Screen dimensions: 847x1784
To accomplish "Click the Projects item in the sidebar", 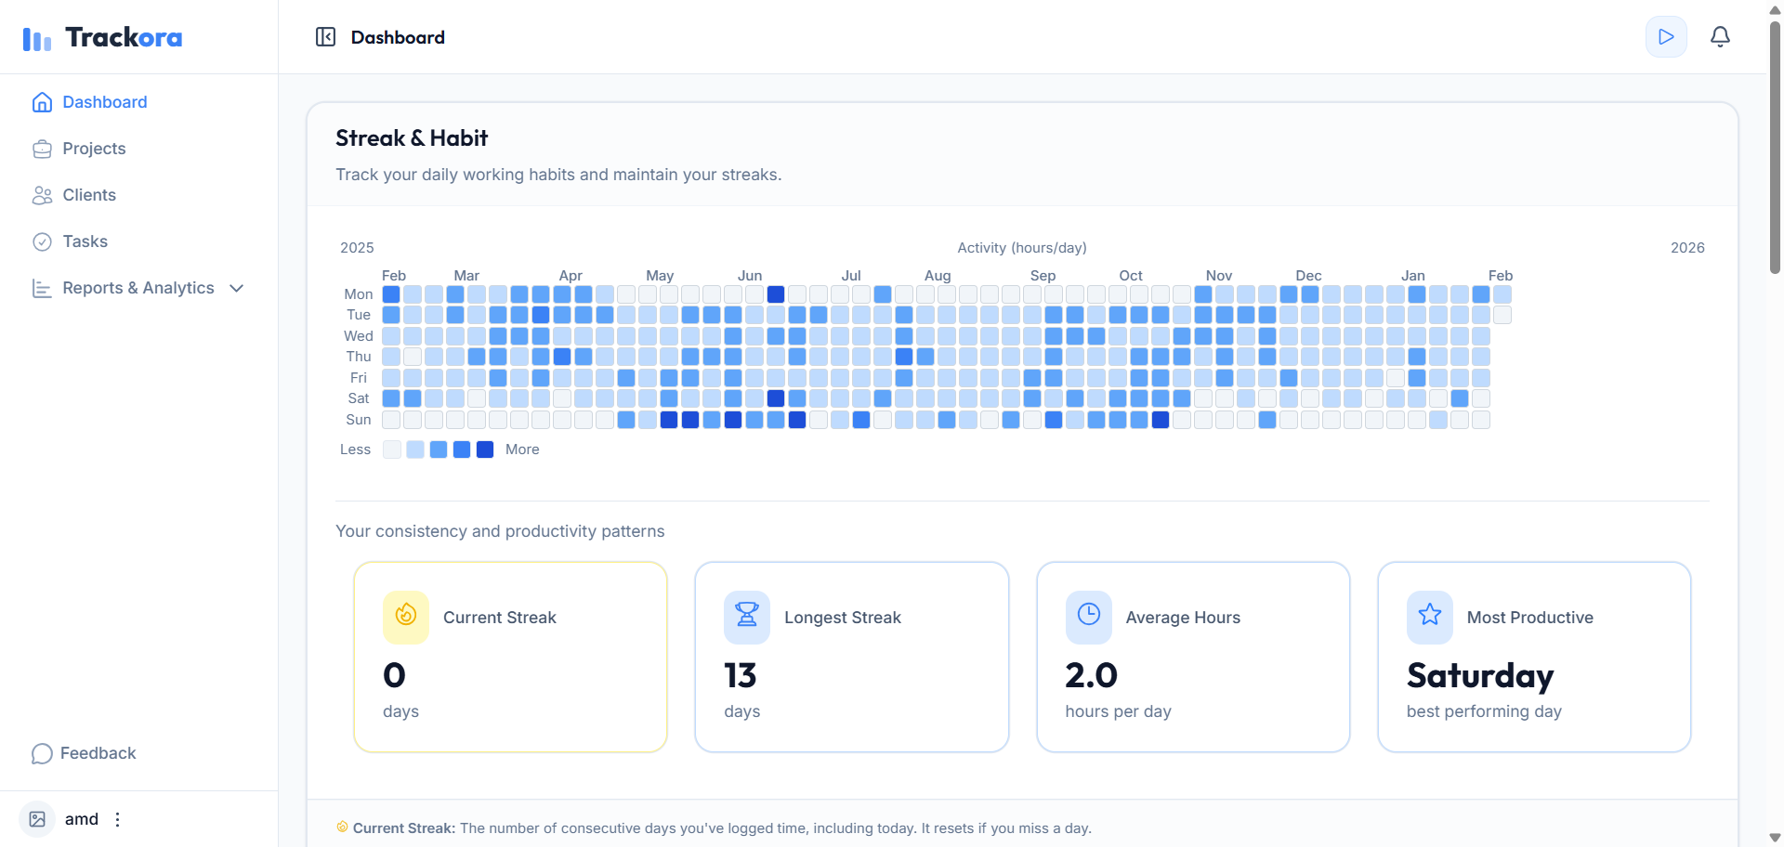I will click(x=93, y=149).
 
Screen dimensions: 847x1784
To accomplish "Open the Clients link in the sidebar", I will click(x=88, y=195).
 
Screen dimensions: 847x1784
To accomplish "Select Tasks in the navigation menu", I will click(x=85, y=241).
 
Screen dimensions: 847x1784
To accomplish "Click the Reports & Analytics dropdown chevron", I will click(x=237, y=288).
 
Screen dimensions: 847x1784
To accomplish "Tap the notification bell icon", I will click(x=1720, y=37).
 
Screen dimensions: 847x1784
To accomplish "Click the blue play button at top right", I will click(x=1666, y=37).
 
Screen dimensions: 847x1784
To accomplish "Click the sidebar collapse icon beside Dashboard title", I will click(x=325, y=37).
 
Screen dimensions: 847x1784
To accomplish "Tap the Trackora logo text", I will click(x=123, y=37).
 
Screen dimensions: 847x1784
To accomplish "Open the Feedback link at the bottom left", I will click(x=98, y=753).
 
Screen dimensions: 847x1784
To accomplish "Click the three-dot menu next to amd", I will click(x=117, y=819).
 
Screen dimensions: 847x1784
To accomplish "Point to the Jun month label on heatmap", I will click(x=750, y=276).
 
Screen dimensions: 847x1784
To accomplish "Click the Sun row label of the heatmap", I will click(x=358, y=420).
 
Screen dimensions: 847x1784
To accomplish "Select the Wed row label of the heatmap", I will click(x=358, y=336).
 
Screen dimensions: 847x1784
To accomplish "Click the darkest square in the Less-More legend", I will click(x=485, y=450).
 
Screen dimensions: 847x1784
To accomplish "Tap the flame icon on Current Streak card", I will click(x=406, y=615).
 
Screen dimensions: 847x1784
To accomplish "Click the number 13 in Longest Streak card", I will click(x=741, y=675).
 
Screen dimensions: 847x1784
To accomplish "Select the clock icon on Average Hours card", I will click(x=1088, y=615).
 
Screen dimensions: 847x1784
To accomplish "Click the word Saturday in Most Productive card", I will click(x=1479, y=675).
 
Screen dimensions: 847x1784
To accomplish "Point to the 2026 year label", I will click(x=1687, y=248).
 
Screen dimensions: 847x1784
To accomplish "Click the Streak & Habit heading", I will click(x=412, y=138).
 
